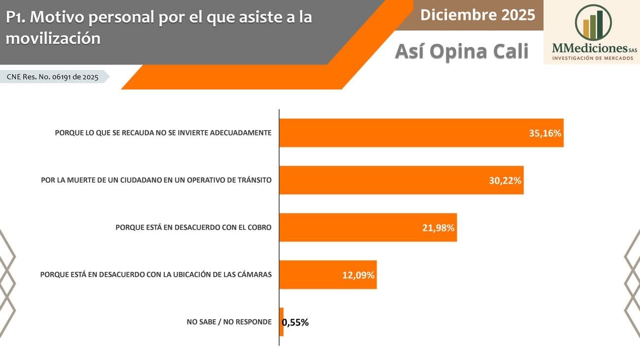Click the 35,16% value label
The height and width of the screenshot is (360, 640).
pos(545,133)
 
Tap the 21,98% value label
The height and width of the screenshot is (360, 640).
pos(438,228)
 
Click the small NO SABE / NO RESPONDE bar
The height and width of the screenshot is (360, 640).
pos(282,322)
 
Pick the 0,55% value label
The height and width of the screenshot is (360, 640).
pos(295,323)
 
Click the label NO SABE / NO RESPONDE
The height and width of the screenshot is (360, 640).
pos(229,322)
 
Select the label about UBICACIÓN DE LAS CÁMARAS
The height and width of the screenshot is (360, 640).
pos(156,275)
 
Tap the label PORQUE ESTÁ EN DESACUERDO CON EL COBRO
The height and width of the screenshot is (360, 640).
pos(193,228)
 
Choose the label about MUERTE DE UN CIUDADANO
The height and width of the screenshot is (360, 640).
pos(156,180)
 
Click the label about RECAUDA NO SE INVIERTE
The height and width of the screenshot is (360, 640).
pos(163,133)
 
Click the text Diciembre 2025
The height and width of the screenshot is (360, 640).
pos(478,15)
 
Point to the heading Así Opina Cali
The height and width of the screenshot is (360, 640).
pos(462,51)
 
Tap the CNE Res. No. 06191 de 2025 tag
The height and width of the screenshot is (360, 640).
pos(53,77)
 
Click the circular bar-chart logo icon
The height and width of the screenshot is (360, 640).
pos(593,23)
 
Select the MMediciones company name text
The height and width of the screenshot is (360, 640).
pos(589,48)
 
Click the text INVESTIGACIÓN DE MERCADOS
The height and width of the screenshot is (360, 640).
pos(592,59)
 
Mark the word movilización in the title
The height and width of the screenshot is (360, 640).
pos(53,38)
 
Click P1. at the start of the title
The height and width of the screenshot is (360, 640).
pos(16,17)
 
